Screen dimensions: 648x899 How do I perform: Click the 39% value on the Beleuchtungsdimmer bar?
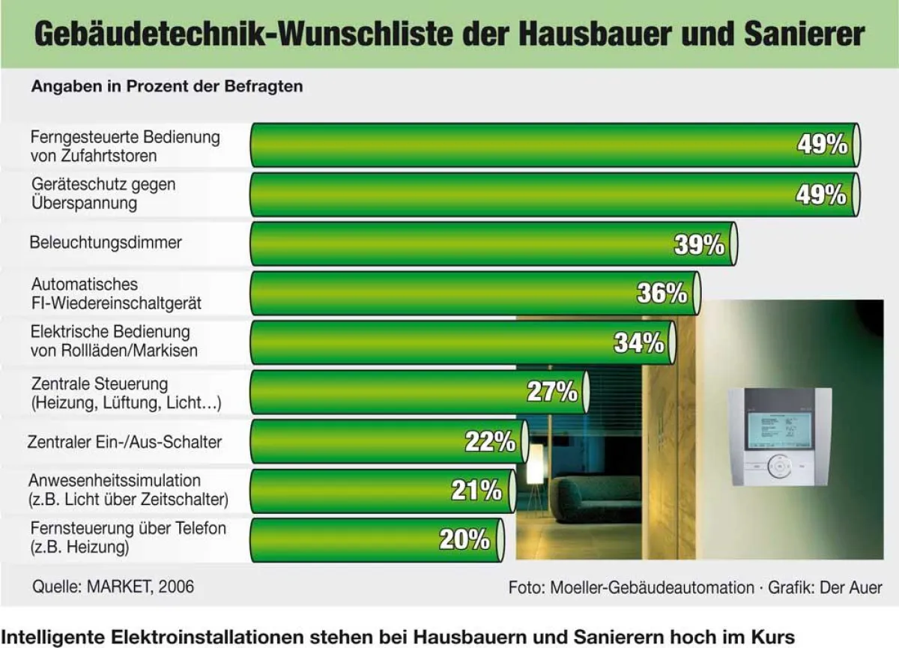click(699, 244)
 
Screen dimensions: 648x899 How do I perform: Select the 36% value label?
click(662, 294)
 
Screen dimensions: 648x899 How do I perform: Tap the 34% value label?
click(639, 343)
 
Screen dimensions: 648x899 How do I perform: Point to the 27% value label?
click(552, 392)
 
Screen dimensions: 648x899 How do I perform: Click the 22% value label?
click(490, 442)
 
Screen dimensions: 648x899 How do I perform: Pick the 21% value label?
click(476, 491)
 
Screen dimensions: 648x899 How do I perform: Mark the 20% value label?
click(464, 539)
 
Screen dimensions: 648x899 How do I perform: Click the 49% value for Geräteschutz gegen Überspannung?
click(822, 195)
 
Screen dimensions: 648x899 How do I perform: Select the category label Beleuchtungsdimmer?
click(106, 243)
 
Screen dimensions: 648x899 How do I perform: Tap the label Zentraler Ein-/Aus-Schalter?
click(124, 442)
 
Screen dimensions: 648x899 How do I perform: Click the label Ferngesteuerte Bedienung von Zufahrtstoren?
click(125, 146)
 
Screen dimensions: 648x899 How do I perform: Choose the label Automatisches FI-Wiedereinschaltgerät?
click(116, 294)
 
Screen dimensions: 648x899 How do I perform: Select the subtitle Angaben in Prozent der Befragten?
click(166, 86)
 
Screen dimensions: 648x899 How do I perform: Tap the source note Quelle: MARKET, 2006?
click(112, 586)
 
